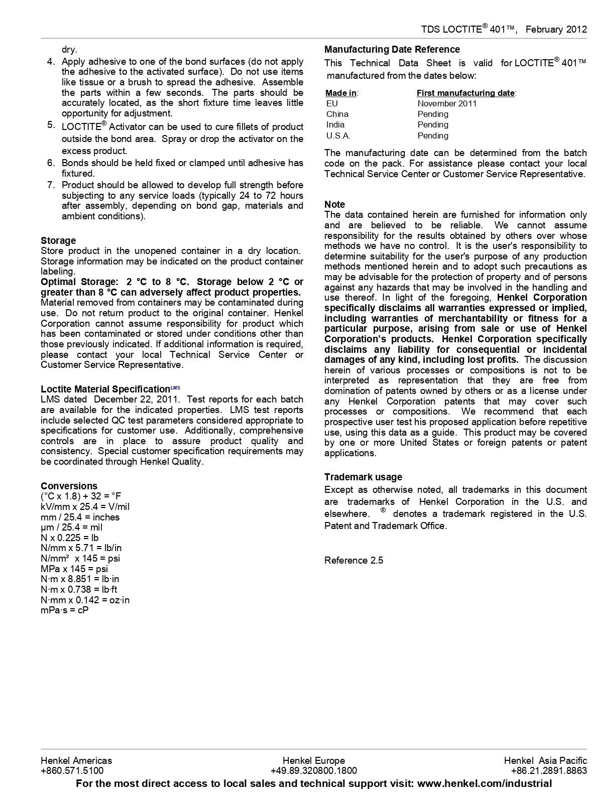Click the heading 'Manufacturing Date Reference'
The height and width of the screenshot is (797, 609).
(x=392, y=49)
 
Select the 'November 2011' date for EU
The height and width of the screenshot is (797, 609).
(x=447, y=103)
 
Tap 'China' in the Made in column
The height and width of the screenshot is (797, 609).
(x=337, y=114)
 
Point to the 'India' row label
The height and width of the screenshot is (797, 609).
(x=335, y=124)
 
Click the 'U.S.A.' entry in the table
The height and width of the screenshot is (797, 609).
(x=338, y=136)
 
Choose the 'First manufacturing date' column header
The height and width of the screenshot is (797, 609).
(x=466, y=93)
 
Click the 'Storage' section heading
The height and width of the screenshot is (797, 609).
(x=58, y=240)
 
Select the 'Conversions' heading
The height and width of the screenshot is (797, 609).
(x=69, y=486)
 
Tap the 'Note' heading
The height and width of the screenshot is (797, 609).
(x=334, y=204)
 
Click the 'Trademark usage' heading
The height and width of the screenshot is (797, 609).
(x=363, y=477)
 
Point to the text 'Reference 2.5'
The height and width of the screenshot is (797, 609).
(x=353, y=560)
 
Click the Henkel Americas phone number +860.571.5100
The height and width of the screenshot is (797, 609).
(x=72, y=771)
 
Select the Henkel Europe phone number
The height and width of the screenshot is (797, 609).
(x=314, y=771)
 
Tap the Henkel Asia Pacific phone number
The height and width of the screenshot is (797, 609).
(x=549, y=771)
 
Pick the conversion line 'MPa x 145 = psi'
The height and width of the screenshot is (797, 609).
(x=74, y=569)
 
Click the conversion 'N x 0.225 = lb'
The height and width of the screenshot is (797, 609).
(x=70, y=538)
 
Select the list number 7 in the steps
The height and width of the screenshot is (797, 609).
(x=51, y=185)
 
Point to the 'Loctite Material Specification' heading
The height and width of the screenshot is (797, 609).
(x=105, y=389)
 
